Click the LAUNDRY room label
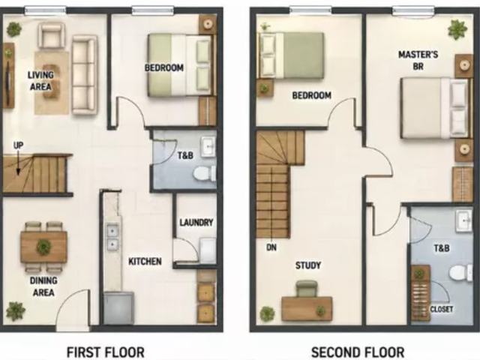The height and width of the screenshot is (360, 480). pos(196,222)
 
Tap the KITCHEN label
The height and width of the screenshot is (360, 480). pos(145,262)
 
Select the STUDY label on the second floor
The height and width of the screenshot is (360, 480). pos(308,265)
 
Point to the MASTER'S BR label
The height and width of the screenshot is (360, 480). pos(418,60)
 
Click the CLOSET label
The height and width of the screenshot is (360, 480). pos(442,309)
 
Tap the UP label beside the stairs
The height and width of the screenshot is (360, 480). pos(18,145)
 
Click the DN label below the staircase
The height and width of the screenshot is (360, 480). pos(271,247)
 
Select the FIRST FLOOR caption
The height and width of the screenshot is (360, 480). pos(106,352)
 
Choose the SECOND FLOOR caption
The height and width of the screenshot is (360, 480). pos(358,352)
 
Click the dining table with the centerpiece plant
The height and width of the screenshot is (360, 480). pos(43,247)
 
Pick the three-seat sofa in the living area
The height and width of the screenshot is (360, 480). pos(85,75)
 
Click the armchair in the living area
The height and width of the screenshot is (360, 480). pos(52,36)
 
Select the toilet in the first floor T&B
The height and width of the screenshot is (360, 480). pos(205,173)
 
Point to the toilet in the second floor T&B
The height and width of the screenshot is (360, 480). pos(460,273)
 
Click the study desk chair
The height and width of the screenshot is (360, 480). pos(307,289)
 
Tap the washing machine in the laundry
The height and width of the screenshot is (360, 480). pos(208,250)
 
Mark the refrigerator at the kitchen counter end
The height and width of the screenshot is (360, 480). pos(118,308)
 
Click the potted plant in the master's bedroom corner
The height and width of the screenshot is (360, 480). pos(457,29)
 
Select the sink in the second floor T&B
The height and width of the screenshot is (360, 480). pos(464,221)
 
